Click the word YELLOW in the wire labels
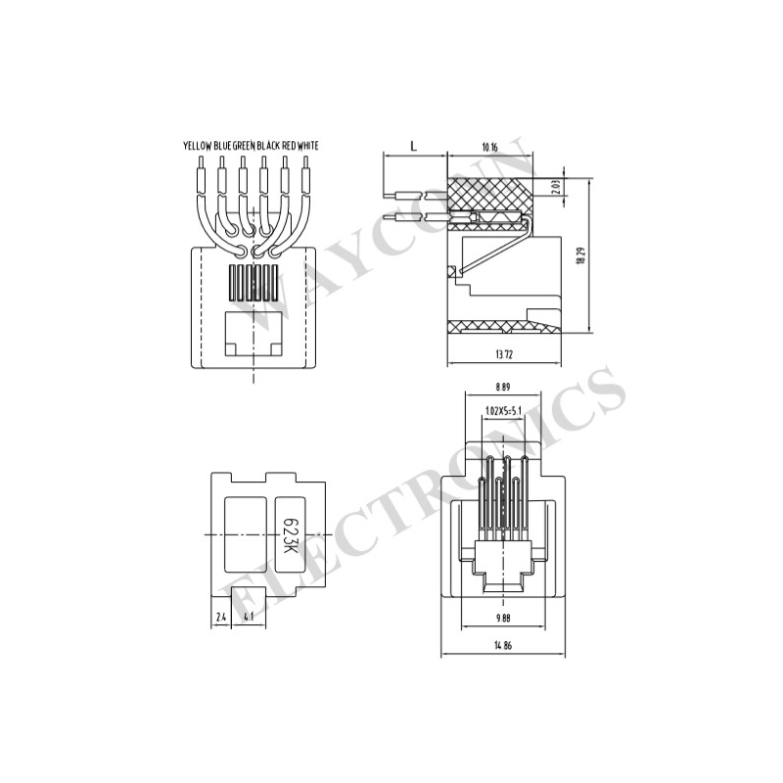tap(198, 146)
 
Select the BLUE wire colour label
tap(223, 146)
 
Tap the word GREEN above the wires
tap(244, 146)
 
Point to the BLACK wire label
tap(268, 146)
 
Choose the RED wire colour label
tap(289, 146)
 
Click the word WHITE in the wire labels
tap(308, 146)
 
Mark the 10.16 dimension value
tap(490, 147)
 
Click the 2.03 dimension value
tap(557, 187)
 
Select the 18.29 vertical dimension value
tap(580, 254)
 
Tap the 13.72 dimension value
tap(504, 355)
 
